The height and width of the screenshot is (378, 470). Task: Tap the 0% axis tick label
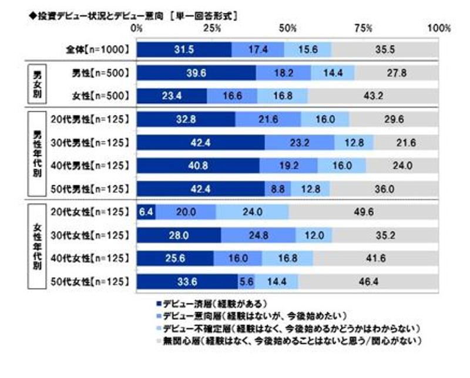137,28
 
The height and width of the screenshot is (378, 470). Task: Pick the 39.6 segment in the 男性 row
196,73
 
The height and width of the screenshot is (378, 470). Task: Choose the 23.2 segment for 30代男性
300,142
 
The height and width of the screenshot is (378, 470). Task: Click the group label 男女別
39,84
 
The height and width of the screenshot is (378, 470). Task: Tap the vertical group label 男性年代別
39,154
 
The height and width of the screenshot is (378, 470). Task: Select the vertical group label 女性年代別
39,246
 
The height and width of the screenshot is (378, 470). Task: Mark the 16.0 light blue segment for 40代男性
342,165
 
